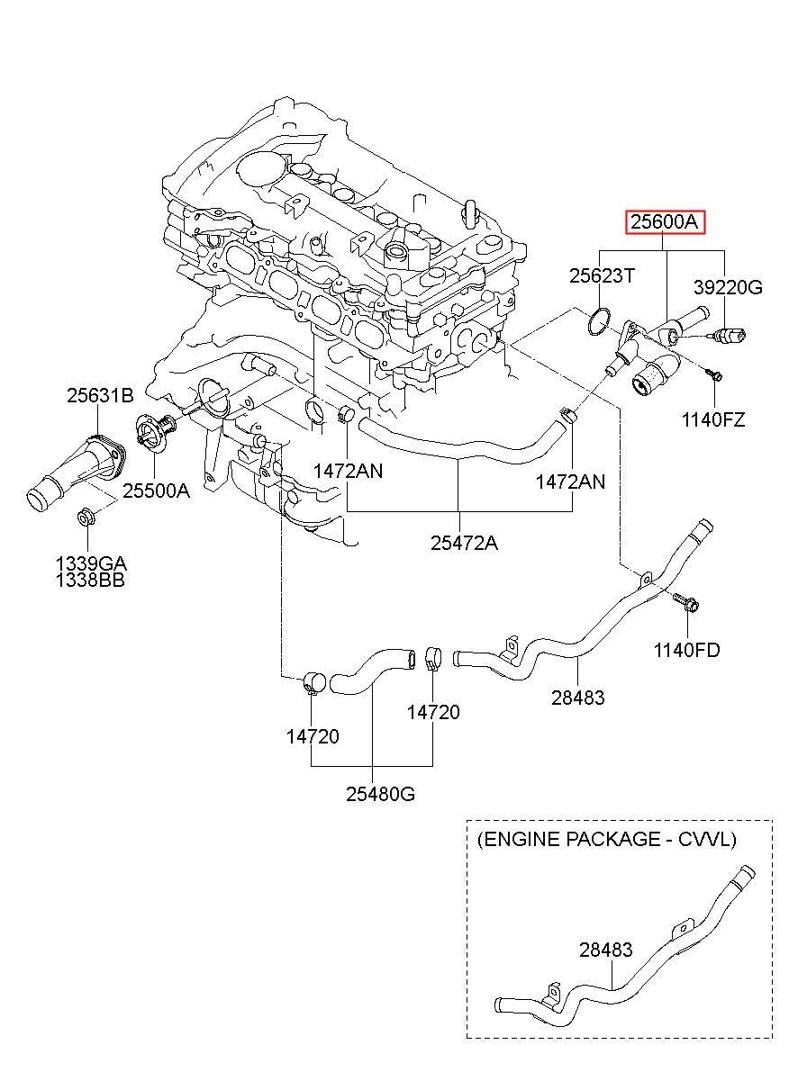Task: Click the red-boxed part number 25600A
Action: click(665, 223)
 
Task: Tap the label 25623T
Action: click(603, 276)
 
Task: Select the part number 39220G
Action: click(728, 288)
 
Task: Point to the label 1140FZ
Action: click(713, 419)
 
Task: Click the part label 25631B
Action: click(100, 395)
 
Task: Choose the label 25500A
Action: click(157, 491)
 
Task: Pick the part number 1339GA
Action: click(91, 564)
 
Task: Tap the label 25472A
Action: click(464, 543)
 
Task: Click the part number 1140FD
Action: click(686, 650)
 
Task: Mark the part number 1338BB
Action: click(90, 580)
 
